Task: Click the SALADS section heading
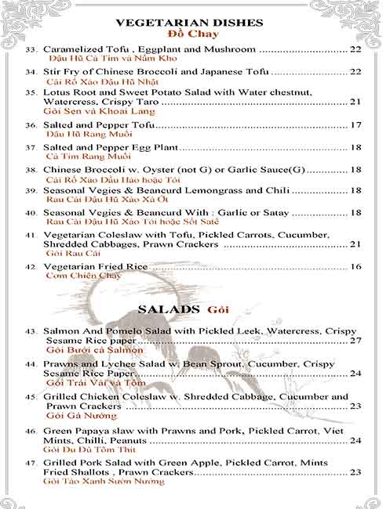coord(169,309)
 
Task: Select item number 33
coord(31,50)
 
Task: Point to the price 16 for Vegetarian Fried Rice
coord(355,267)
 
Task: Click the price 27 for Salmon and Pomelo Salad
coord(355,341)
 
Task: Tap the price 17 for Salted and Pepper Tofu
coord(355,125)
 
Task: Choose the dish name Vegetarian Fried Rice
coord(95,267)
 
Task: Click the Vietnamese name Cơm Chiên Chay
coord(84,276)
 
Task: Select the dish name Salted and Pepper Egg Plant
coord(111,147)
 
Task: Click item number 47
coord(31,463)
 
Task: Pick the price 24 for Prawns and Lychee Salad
coord(355,374)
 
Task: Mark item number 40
coord(31,213)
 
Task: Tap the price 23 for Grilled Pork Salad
coord(355,472)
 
